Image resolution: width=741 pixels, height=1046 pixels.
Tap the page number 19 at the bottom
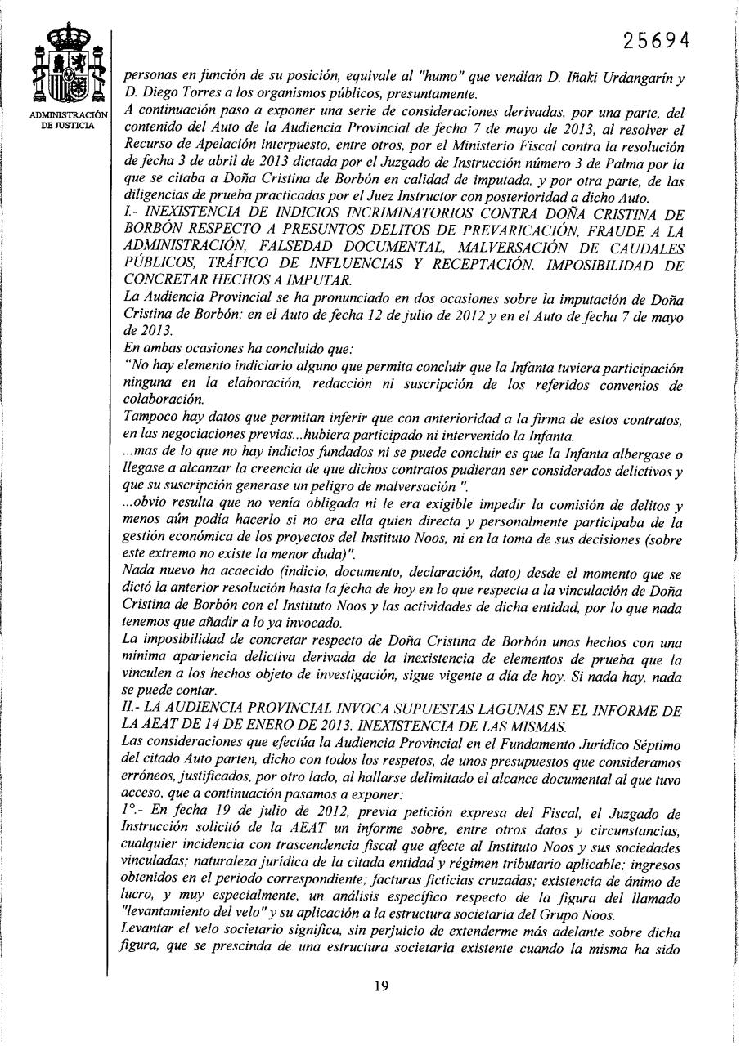point(381,986)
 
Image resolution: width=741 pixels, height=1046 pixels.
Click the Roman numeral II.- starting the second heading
point(128,712)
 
